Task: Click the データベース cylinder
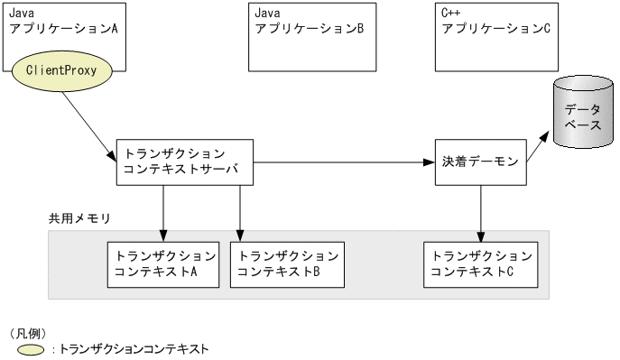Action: point(582,115)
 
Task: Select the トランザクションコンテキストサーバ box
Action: point(185,162)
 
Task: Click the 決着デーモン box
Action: point(480,162)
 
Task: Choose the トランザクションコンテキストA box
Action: point(162,263)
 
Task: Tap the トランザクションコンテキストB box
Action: point(287,263)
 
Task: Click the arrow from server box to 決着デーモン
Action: point(343,163)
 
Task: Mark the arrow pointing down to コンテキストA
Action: point(163,213)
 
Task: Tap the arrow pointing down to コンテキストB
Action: point(240,213)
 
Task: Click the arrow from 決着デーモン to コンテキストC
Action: point(481,213)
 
